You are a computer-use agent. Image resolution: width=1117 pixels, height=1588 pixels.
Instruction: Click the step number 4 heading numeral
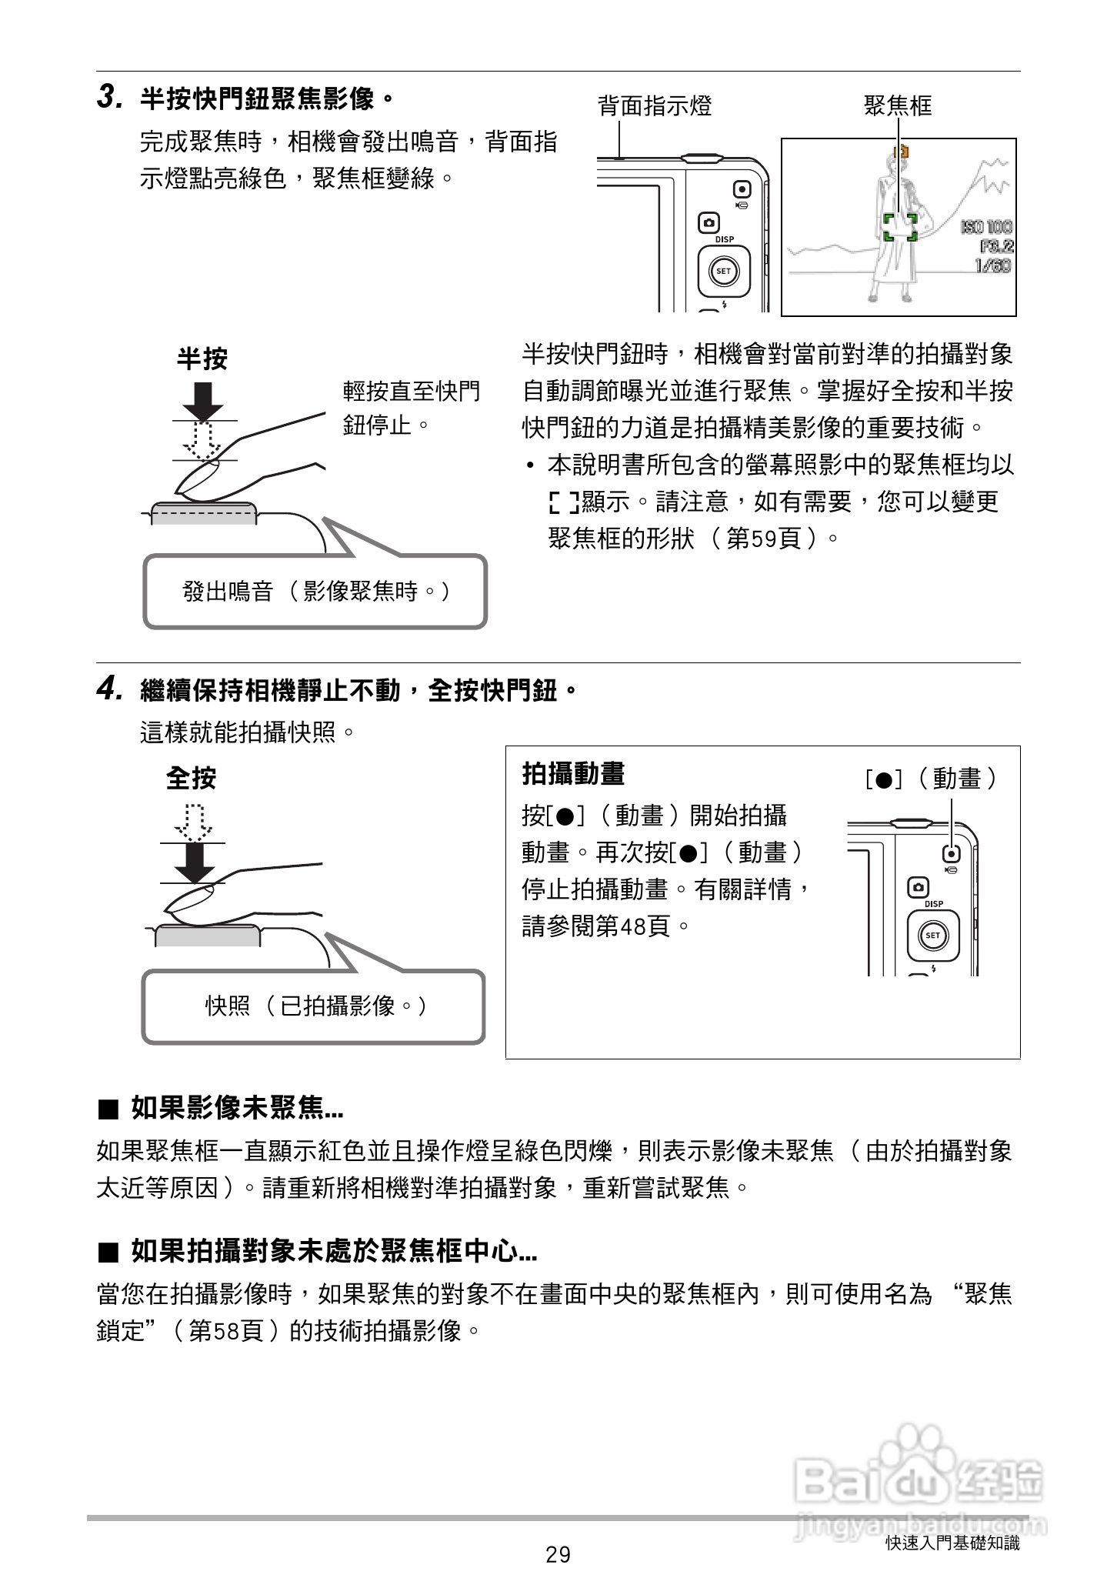(109, 689)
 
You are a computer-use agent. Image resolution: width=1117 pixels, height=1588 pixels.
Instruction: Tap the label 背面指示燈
(655, 105)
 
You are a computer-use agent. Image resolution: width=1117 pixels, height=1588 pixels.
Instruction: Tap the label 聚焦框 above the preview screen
(898, 105)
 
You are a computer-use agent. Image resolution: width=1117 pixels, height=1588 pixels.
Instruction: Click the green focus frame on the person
(899, 227)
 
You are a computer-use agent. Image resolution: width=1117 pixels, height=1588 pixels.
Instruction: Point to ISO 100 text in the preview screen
(986, 227)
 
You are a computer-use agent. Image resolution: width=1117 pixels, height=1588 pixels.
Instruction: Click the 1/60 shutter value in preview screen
(992, 266)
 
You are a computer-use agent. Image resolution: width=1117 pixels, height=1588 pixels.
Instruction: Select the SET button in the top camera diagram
(724, 271)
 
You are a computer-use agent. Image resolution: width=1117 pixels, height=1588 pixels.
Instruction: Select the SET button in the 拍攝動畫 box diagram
(933, 936)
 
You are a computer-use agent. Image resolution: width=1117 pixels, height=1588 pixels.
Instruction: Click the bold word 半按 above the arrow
(202, 359)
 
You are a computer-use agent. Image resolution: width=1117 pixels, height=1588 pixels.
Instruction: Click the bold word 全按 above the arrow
(191, 778)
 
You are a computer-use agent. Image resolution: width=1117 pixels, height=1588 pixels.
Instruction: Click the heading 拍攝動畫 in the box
(573, 773)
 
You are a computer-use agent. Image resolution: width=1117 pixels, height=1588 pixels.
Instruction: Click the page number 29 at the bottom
(558, 1555)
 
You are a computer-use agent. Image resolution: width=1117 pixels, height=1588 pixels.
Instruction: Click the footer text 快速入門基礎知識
(952, 1543)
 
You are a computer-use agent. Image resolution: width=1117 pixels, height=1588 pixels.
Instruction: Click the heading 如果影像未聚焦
(236, 1109)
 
